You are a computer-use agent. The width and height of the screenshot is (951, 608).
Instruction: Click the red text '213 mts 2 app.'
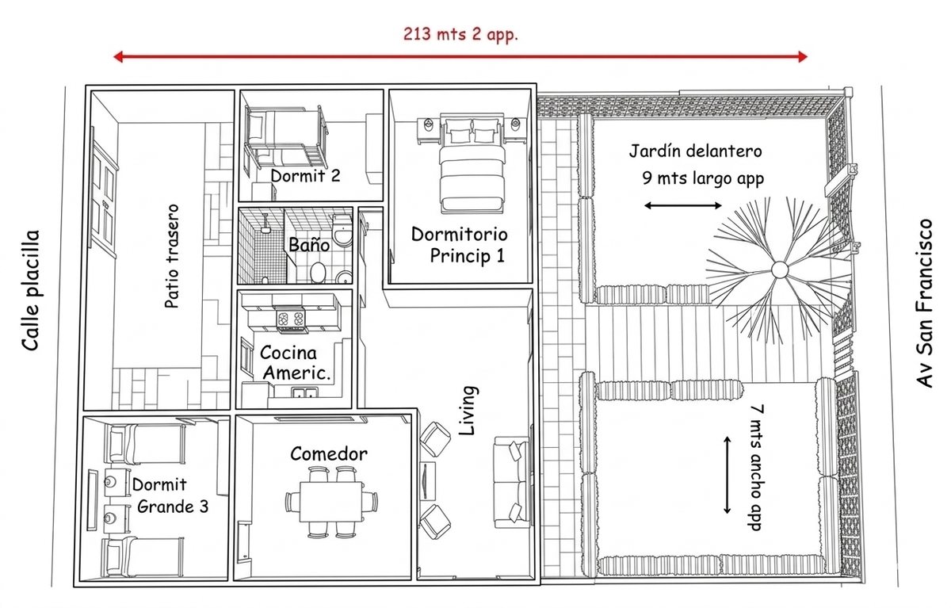[460, 34]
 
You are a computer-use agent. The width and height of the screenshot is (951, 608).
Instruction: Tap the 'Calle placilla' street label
[31, 290]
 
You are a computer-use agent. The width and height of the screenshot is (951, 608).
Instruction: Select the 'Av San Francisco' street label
[924, 303]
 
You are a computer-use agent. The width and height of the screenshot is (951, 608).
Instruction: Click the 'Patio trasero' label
[172, 256]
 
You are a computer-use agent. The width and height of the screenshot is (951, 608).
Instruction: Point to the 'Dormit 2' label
[305, 176]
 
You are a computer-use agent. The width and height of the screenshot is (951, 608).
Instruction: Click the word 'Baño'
[309, 245]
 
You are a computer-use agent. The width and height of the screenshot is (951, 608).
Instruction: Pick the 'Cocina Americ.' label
[296, 363]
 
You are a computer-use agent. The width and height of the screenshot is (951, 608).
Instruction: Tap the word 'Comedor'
[329, 454]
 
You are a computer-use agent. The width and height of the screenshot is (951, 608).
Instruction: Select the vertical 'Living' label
[468, 411]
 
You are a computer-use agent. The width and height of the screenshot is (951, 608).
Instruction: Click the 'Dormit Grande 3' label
[170, 495]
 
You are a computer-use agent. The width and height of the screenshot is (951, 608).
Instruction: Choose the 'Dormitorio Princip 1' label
[460, 245]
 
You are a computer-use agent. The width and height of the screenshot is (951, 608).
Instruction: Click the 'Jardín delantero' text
[696, 151]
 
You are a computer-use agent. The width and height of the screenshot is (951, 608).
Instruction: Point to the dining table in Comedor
[331, 502]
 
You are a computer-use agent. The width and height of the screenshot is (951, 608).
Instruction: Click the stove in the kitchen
[290, 319]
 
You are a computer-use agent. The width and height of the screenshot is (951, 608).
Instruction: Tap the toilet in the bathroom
[342, 231]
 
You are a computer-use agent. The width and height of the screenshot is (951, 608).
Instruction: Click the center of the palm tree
[780, 270]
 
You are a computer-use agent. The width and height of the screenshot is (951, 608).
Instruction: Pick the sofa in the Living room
[512, 483]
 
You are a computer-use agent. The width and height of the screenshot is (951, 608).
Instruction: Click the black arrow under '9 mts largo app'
[682, 206]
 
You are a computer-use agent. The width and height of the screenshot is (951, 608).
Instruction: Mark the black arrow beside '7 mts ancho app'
[727, 475]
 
